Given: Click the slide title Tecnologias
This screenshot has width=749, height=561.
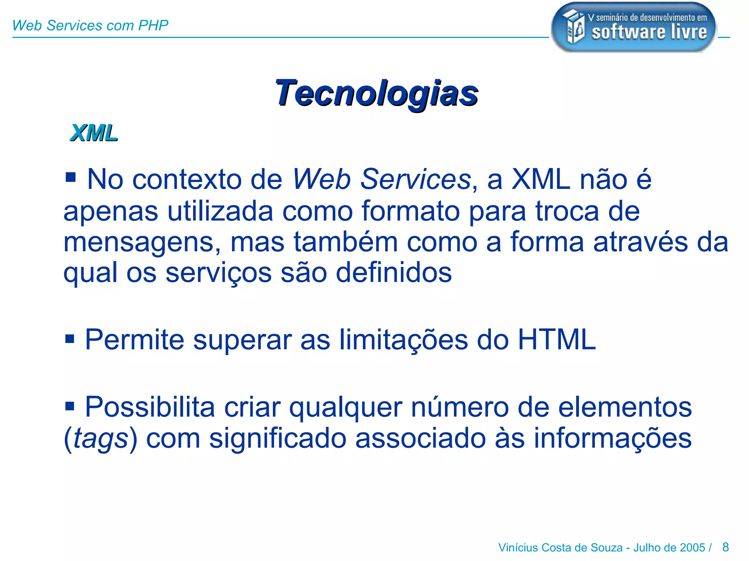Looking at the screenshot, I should click(x=376, y=93).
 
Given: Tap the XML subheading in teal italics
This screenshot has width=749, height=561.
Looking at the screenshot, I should click(x=94, y=133).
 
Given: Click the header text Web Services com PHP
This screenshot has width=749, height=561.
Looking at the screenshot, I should click(x=90, y=26).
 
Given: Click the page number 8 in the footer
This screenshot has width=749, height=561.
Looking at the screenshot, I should click(x=726, y=547).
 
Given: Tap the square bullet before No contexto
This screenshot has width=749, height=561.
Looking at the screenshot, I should click(x=70, y=178).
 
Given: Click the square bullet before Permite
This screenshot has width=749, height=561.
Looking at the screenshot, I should click(x=69, y=339).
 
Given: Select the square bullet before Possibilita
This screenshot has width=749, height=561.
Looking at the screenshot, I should click(x=69, y=405).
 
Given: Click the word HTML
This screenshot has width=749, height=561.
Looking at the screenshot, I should click(x=557, y=340).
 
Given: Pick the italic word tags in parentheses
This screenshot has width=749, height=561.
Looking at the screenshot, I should click(x=100, y=439).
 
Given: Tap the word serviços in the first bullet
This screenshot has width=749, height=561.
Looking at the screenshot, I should click(x=218, y=273).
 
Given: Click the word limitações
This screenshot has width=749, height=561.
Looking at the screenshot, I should click(x=403, y=340).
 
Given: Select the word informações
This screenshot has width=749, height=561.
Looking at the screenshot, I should click(x=613, y=438).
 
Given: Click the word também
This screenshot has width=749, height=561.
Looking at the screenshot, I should click(x=346, y=242).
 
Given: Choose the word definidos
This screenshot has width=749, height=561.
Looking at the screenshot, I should click(x=394, y=272).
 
